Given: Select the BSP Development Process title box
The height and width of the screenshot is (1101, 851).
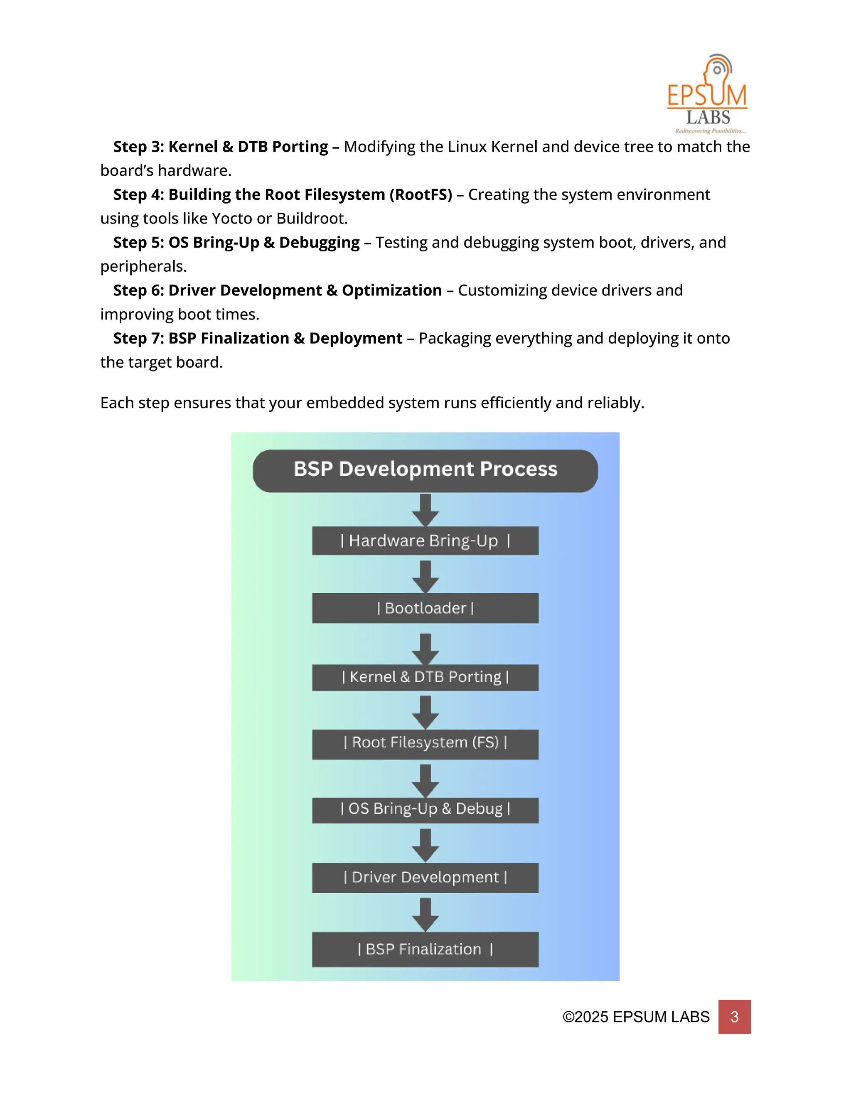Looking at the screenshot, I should tap(425, 470).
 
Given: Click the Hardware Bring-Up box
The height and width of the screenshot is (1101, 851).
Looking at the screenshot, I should tap(425, 541).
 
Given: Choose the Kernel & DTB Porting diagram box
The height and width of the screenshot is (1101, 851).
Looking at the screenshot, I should tap(425, 677).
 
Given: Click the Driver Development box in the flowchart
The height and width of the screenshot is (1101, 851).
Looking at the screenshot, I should tap(425, 877).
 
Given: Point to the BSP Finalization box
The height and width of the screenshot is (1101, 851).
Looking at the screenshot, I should tap(425, 949).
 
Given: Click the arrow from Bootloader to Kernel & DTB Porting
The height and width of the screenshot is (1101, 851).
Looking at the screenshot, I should tap(425, 649).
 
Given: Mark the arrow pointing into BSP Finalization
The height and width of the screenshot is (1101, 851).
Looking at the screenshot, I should tap(425, 914).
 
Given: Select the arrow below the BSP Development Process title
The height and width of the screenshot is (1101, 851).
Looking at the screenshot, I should tap(425, 510).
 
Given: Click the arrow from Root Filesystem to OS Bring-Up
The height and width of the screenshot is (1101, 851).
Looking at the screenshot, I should tap(425, 780).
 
